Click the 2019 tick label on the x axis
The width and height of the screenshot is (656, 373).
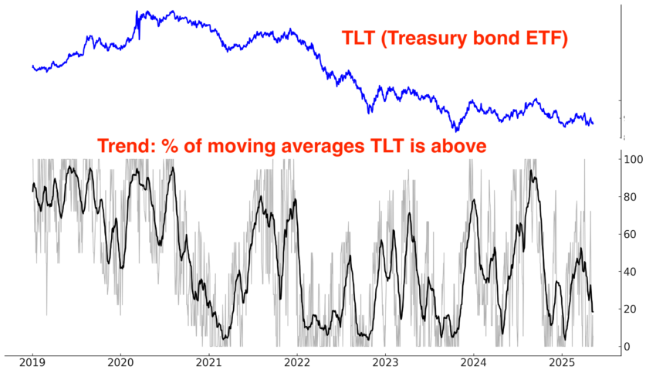click(x=32, y=363)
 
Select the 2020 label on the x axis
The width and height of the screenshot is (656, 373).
click(x=120, y=363)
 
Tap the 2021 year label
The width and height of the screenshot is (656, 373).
click(x=209, y=363)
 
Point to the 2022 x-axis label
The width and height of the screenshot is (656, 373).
click(x=297, y=363)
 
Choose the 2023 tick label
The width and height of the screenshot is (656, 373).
click(x=386, y=363)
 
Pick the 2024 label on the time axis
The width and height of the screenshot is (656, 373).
click(x=474, y=363)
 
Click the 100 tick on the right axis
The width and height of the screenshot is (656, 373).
click(x=635, y=159)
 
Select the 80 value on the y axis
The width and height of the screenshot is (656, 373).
click(x=632, y=197)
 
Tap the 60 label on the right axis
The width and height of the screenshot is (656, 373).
click(x=632, y=234)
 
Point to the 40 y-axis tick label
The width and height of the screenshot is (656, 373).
click(x=632, y=272)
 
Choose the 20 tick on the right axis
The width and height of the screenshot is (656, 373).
click(x=632, y=309)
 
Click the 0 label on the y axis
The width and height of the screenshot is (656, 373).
click(x=629, y=347)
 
